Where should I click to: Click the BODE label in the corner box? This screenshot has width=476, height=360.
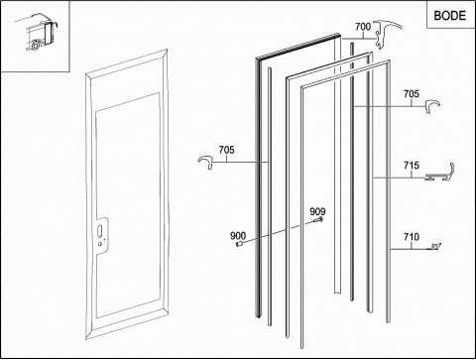point(449,16)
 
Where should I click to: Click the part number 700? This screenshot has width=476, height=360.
point(363,27)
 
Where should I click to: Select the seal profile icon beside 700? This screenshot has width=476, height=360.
point(388,34)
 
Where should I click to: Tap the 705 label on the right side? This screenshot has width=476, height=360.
point(412,94)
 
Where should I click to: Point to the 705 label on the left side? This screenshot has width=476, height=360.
point(226,150)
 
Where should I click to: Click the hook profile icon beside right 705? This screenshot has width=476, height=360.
point(432,107)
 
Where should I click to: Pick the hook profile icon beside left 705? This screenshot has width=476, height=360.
point(206,163)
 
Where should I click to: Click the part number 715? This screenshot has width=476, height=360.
point(412,166)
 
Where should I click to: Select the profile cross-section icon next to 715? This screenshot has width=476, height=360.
point(439,173)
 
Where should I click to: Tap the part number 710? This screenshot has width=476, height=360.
point(412,237)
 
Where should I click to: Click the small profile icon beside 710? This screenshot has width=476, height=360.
point(436,246)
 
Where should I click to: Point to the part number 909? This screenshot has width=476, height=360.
point(317,211)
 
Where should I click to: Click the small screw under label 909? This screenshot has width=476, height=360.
point(318,220)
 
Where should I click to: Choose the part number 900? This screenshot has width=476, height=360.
point(238,236)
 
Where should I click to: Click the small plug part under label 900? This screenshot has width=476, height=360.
point(240,244)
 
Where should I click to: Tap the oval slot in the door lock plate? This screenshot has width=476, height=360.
point(100,230)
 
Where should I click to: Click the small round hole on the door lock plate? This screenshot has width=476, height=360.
point(100,244)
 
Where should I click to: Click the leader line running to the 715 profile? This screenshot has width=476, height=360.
point(400,179)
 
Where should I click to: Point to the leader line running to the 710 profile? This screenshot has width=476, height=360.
point(411,249)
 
